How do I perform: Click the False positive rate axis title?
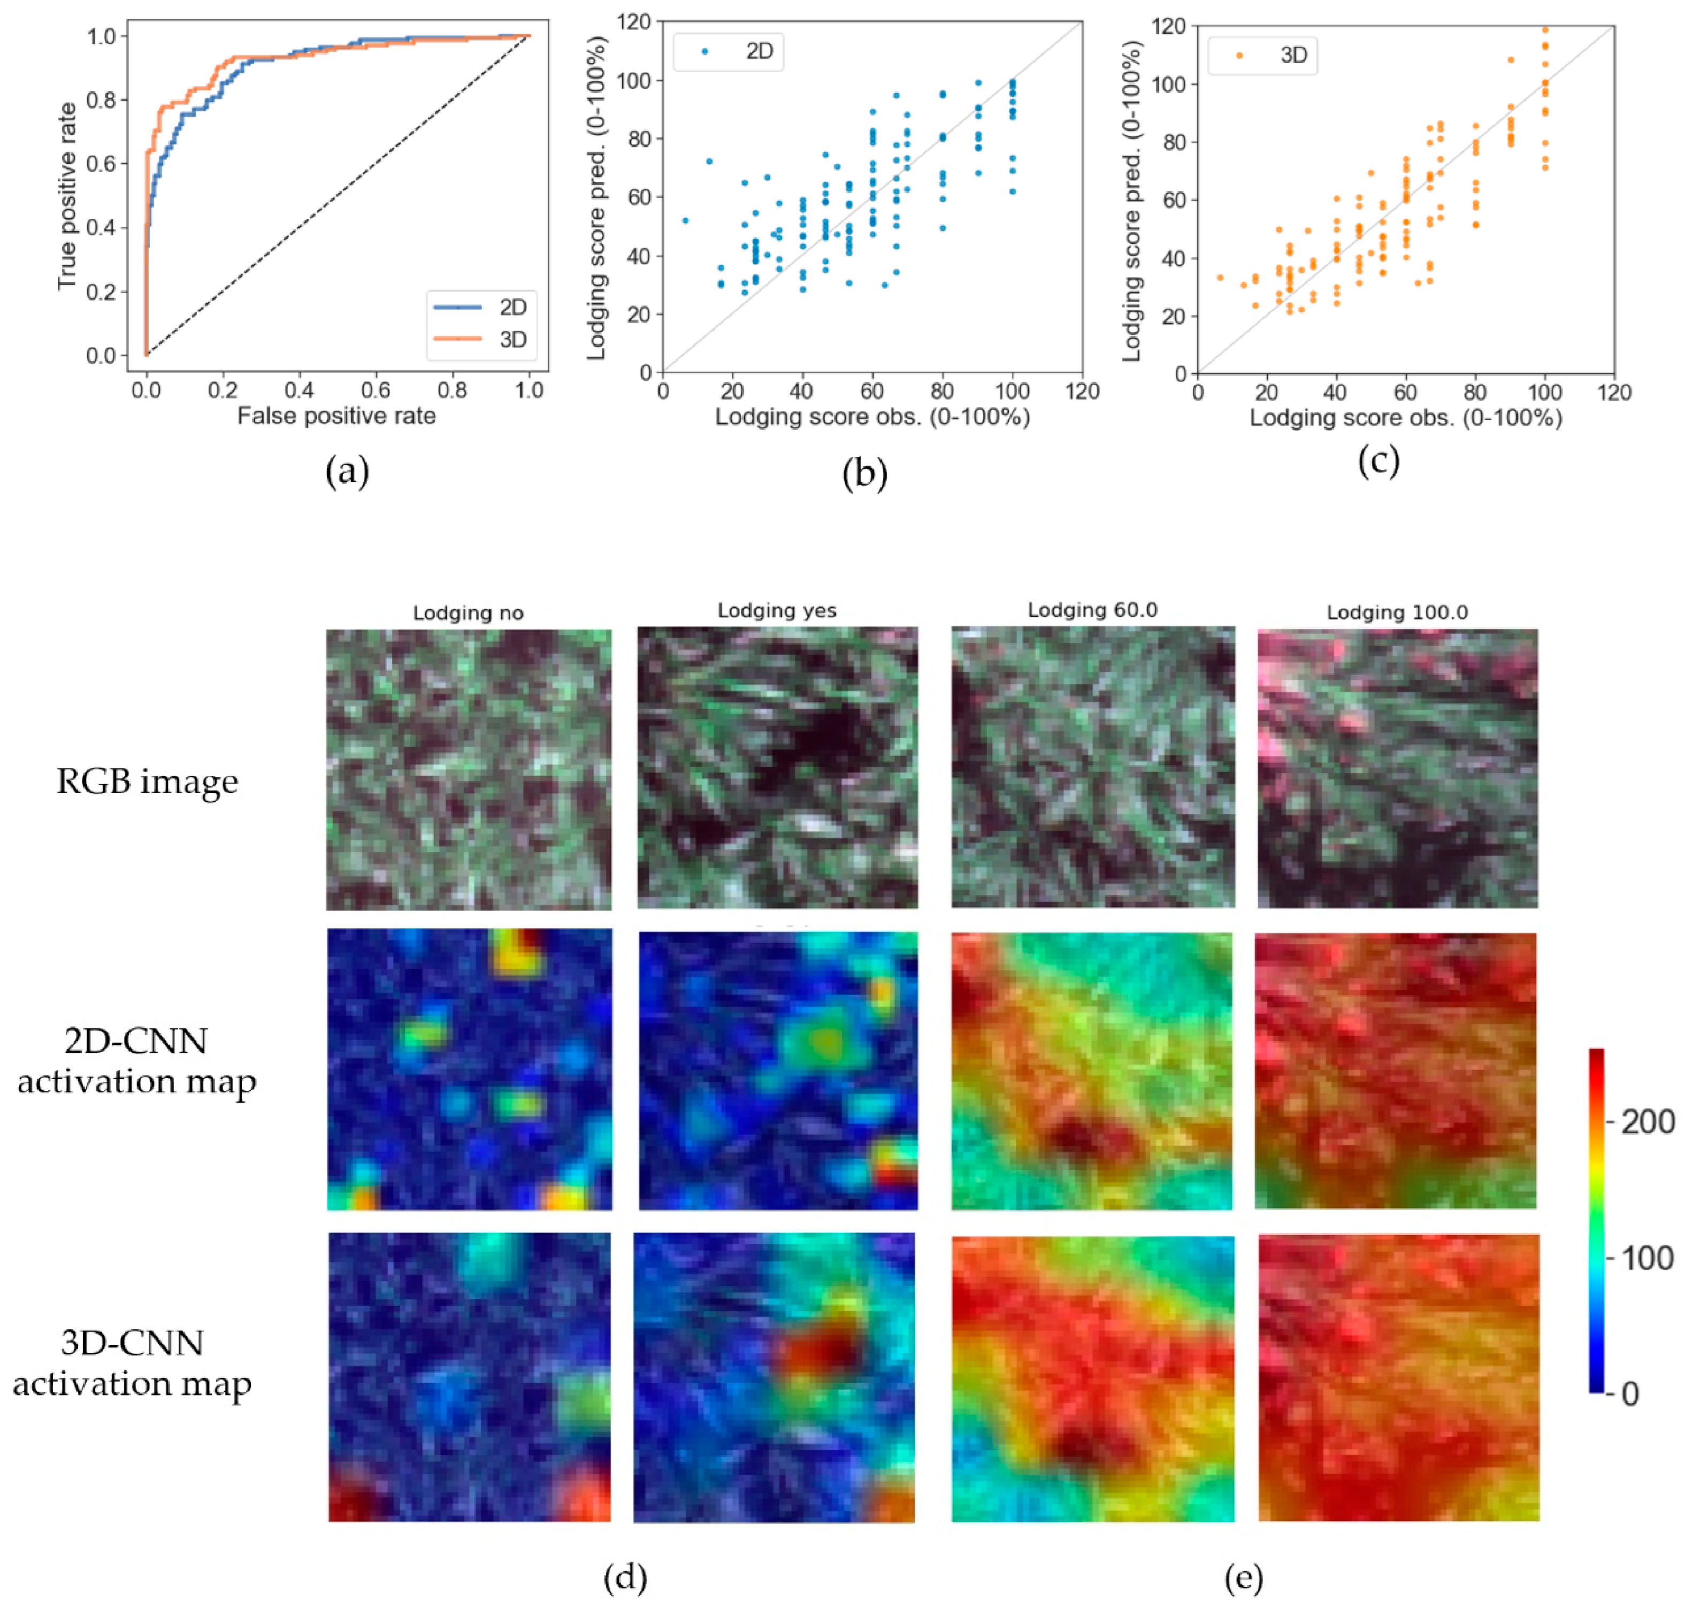(336, 416)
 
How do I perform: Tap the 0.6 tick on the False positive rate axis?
(375, 390)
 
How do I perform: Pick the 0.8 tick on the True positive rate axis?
(101, 101)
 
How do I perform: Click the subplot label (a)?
(347, 471)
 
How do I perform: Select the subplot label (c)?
(1378, 461)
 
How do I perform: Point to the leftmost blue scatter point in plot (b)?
(684, 220)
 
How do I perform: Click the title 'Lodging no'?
(468, 613)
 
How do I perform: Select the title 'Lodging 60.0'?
(1092, 610)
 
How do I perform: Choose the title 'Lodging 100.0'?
(1396, 612)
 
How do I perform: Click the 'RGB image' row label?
(147, 781)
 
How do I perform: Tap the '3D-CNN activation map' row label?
(132, 1363)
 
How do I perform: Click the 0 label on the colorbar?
(1629, 1395)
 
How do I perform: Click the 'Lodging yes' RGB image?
(777, 768)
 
